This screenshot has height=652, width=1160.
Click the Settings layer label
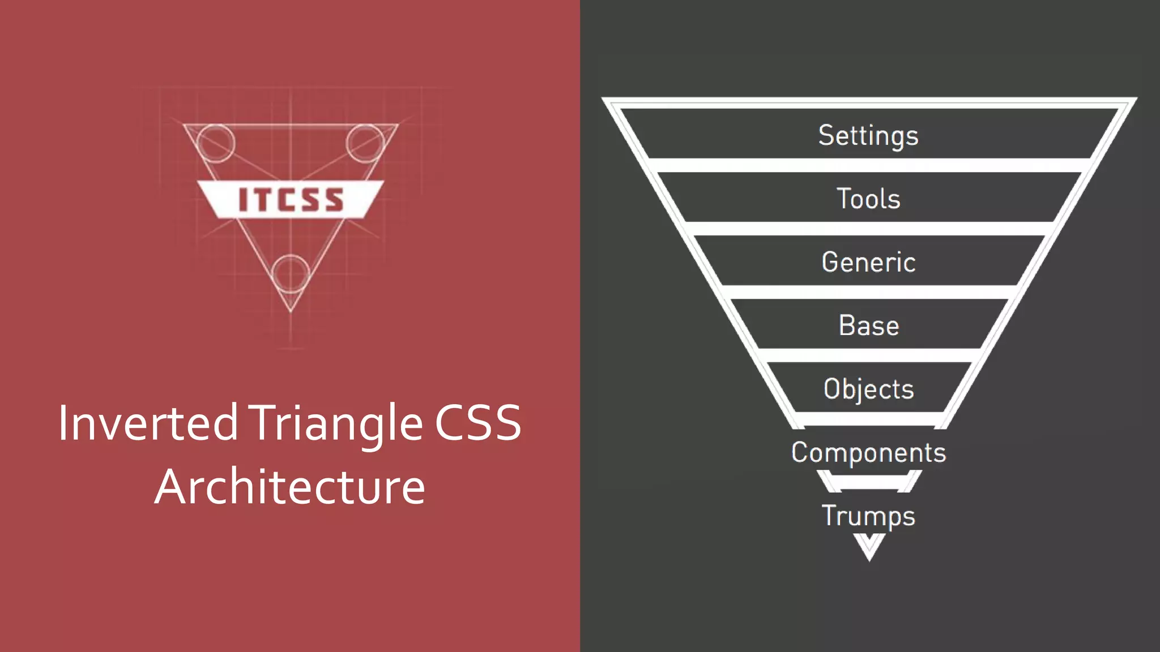coord(868,135)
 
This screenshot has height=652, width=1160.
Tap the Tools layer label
coord(868,199)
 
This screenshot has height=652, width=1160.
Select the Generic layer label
coord(868,262)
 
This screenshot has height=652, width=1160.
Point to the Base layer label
coord(868,325)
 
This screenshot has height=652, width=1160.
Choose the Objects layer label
coord(868,389)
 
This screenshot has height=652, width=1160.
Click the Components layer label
coord(868,452)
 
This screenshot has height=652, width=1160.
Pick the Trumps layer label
coord(868,516)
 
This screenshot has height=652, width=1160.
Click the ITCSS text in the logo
coord(291,200)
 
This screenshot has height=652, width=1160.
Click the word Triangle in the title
coord(338,423)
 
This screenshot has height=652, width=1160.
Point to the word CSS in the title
coord(477,423)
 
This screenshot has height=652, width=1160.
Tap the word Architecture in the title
coord(290,487)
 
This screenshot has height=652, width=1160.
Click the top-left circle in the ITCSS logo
coord(215,143)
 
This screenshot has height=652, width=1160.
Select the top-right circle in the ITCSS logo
coord(365,143)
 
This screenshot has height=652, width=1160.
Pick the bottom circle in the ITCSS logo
coord(291,274)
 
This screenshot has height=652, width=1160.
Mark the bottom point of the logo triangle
coord(291,311)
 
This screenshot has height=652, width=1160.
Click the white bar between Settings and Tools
coord(868,166)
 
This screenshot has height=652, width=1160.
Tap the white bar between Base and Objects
coord(868,356)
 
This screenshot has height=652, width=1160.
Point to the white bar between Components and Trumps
coord(868,482)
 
